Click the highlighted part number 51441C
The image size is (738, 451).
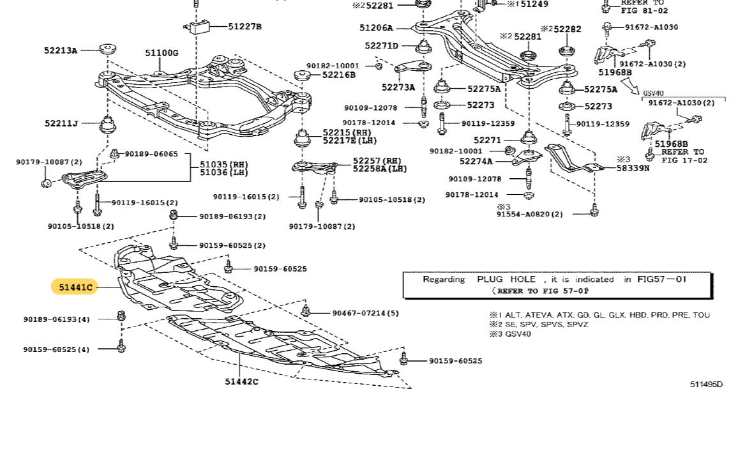[75, 287]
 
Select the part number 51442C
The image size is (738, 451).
[241, 382]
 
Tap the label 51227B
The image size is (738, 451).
[245, 26]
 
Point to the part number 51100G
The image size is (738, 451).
[162, 53]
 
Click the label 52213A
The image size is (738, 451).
[61, 50]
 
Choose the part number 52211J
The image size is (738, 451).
[61, 123]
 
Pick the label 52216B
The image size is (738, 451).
[338, 75]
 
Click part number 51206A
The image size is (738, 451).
[376, 27]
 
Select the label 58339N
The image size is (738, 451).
[633, 168]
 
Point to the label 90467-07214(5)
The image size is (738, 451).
[365, 313]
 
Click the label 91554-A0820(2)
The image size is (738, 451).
[530, 214]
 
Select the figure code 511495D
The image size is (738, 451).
[706, 384]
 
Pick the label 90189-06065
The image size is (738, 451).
[151, 154]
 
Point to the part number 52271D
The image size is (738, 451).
[382, 45]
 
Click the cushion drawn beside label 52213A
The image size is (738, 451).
[108, 50]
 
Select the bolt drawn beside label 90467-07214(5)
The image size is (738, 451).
[306, 311]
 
